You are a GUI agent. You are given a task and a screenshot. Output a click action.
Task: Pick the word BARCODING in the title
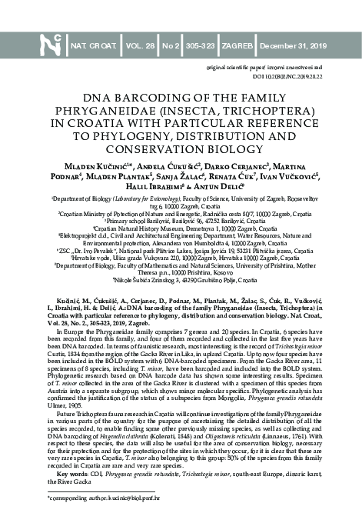click(158, 99)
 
